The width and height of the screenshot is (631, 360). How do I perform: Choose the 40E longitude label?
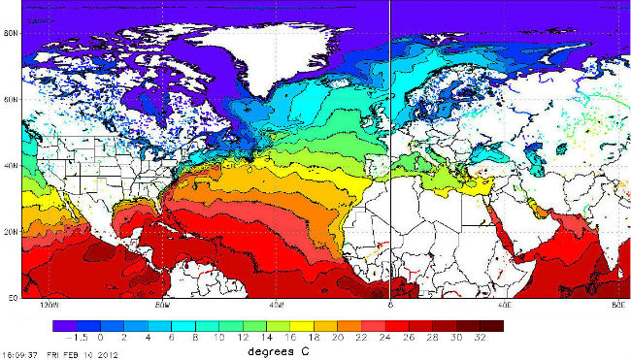click(x=504, y=305)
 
